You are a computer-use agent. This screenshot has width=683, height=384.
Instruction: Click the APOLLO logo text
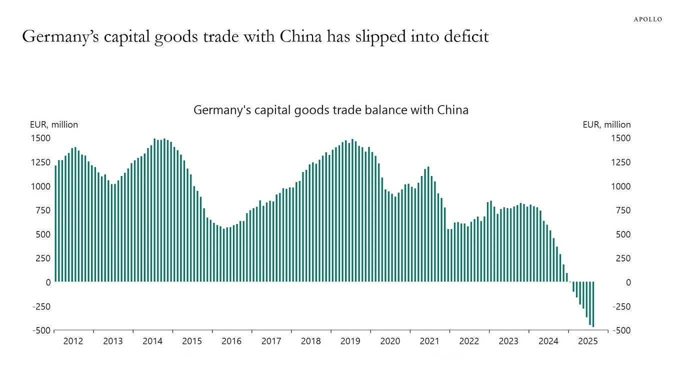click(x=647, y=19)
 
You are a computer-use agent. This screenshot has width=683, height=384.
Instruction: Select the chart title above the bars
click(x=330, y=110)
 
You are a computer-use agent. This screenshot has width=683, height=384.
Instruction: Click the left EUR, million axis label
click(x=54, y=124)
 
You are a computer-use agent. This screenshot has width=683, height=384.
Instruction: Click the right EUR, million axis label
click(x=606, y=124)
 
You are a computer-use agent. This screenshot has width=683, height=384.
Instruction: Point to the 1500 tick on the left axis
click(x=41, y=138)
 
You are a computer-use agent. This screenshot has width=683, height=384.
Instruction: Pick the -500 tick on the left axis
click(x=41, y=330)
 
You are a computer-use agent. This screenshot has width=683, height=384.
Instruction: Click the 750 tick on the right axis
click(x=620, y=210)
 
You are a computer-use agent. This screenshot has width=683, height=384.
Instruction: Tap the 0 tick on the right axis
click(x=614, y=282)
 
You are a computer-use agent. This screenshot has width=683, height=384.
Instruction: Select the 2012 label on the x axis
click(x=73, y=341)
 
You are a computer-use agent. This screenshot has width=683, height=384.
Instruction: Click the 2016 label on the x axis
click(x=231, y=341)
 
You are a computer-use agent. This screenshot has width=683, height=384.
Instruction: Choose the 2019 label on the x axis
click(x=350, y=341)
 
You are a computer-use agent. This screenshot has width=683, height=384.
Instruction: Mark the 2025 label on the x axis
click(x=587, y=341)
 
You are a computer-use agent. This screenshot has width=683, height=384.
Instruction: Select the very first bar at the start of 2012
click(x=55, y=225)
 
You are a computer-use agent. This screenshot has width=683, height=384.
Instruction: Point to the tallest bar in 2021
click(x=428, y=225)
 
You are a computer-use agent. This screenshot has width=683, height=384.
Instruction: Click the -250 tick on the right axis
click(x=620, y=306)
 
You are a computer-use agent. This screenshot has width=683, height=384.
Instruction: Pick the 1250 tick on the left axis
click(x=41, y=162)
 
